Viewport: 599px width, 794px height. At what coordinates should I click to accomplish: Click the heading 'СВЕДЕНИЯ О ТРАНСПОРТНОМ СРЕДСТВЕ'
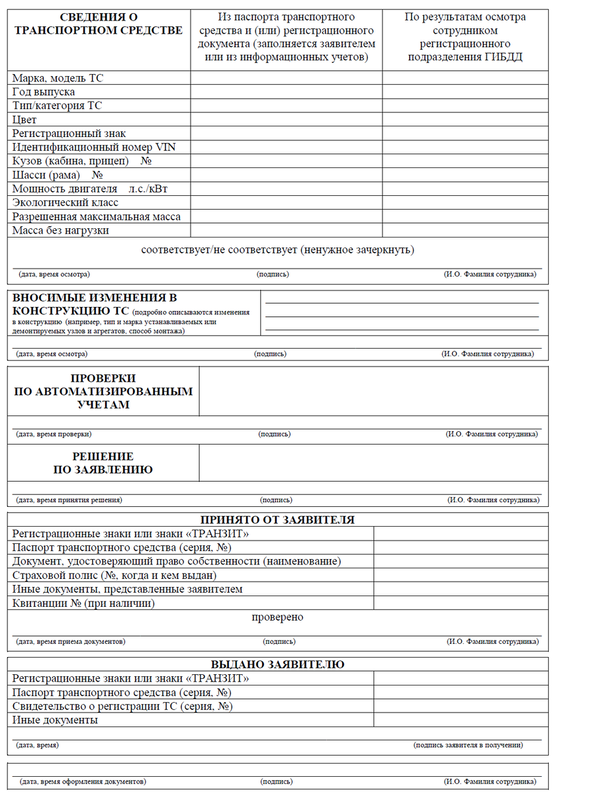point(98,24)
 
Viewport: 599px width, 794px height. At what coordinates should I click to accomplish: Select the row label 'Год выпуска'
point(44,92)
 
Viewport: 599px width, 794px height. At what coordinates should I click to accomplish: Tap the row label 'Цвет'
point(24,120)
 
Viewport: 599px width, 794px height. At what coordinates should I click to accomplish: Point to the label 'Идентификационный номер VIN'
point(94,148)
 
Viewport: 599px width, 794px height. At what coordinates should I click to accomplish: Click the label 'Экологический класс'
point(65,202)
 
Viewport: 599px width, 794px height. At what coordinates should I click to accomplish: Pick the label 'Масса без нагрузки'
point(61,230)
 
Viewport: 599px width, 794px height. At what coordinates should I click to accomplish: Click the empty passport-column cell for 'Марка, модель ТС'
point(286,78)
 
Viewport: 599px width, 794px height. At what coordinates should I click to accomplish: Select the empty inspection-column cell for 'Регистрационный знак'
point(465,134)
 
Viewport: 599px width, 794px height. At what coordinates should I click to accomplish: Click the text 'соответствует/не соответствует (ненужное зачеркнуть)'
point(277,250)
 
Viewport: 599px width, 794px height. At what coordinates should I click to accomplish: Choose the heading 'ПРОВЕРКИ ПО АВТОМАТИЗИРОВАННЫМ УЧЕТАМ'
point(103,391)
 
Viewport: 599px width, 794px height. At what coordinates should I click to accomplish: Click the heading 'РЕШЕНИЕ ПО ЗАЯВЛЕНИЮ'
point(103,463)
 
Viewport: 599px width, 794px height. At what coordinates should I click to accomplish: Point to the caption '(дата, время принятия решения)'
point(69,500)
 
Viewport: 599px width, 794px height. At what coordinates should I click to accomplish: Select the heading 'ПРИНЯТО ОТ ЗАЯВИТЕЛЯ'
point(277,520)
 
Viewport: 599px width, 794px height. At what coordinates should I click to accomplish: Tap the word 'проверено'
point(277,617)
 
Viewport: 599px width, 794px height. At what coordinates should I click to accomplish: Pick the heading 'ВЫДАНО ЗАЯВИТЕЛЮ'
point(277,664)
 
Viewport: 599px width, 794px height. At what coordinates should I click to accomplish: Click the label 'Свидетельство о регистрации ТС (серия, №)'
point(122,706)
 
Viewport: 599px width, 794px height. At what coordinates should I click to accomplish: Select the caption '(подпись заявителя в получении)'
point(468,745)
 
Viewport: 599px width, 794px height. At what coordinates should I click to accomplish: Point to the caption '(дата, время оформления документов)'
point(83,781)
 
